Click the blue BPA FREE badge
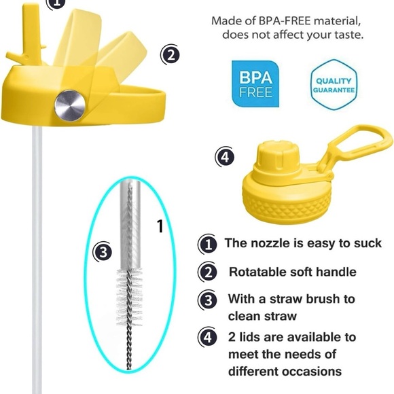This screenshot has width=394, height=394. click(255, 84)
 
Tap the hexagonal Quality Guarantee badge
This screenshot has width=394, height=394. click(334, 85)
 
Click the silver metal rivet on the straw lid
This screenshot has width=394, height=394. click(70, 105)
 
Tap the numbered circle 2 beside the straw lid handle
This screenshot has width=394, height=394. click(170, 55)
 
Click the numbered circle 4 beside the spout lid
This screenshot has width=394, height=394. click(225, 158)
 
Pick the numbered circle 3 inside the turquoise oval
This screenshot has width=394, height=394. click(103, 252)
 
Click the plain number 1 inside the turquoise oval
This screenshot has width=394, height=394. click(160, 226)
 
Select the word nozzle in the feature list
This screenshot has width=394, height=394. click(270, 243)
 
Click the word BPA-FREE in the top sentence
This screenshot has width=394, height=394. click(285, 21)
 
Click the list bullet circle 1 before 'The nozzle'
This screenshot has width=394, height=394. click(208, 245)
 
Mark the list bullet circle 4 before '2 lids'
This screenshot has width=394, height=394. click(208, 337)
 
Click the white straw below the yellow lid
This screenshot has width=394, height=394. click(37, 259)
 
